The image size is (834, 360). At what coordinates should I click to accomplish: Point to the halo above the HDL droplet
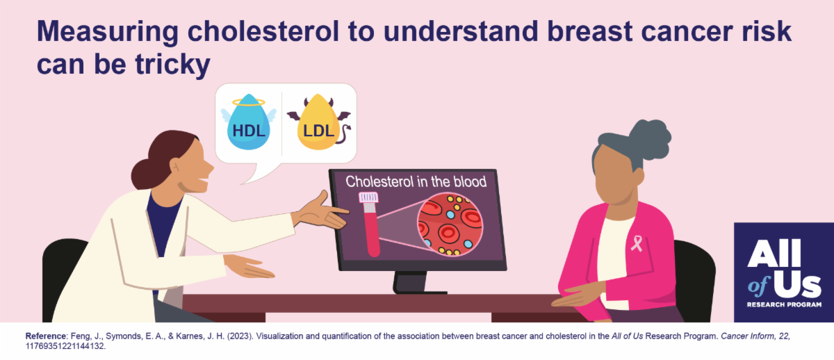249,102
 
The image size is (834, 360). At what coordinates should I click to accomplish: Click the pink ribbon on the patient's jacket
637,243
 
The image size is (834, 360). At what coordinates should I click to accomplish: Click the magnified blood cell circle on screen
450,224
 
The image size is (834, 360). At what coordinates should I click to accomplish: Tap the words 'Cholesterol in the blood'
416,181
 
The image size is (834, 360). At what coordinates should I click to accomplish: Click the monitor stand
414,283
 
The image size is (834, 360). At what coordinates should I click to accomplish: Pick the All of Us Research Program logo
784,272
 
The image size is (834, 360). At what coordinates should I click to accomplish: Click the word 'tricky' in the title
172,65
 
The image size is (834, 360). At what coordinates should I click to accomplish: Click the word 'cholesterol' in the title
263,31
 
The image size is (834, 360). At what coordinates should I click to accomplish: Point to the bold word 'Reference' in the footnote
45,336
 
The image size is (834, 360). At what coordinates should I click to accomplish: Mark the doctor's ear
174,167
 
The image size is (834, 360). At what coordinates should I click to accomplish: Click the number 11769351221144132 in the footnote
65,346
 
